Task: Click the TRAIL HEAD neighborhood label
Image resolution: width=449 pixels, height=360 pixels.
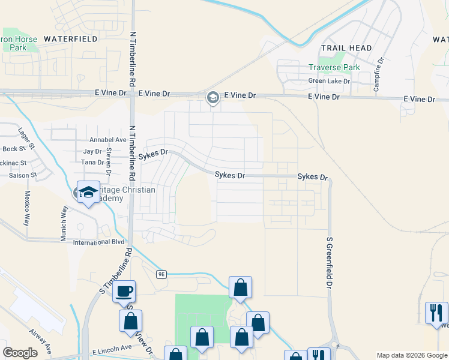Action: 346,48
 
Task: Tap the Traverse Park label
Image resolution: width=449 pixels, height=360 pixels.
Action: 334,67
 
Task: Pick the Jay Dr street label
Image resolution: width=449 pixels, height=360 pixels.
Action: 92,151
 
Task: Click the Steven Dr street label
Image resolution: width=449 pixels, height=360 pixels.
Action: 109,161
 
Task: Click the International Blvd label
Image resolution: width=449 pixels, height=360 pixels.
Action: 98,242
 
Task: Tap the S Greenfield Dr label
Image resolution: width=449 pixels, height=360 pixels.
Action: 329,263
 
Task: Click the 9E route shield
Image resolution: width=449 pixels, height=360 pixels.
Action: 161,274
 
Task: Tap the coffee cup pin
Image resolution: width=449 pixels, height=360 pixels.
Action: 124,292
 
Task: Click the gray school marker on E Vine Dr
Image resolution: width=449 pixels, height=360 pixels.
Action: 212,98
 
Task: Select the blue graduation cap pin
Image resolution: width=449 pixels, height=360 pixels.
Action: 88,193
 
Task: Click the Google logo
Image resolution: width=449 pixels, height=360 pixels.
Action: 20,353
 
